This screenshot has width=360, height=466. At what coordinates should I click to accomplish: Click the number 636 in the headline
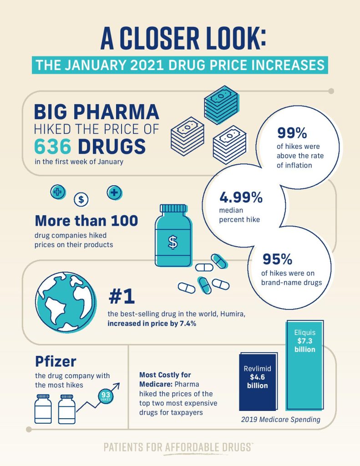[53, 147]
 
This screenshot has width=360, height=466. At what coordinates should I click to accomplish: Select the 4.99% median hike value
[241, 198]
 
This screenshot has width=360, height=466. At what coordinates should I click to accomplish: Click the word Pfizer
[56, 362]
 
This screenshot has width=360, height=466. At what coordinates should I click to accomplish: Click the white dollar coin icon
[81, 199]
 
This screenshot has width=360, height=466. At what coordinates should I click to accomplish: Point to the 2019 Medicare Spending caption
[280, 420]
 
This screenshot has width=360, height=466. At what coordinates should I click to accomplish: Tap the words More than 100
[86, 221]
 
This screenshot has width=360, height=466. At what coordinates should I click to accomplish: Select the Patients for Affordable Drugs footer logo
[178, 447]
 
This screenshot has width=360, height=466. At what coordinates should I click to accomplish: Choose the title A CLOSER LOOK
[180, 40]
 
